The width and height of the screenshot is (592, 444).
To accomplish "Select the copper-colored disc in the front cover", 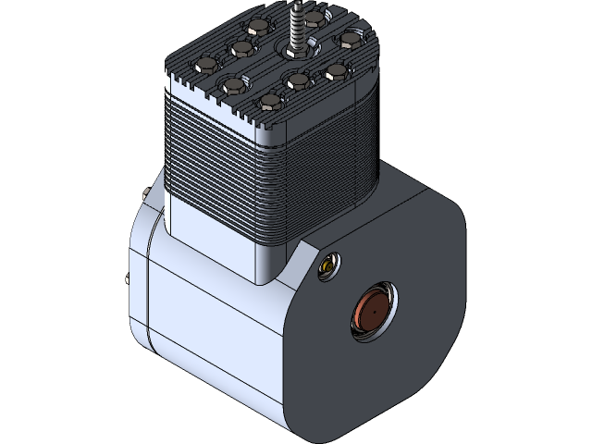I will point(373,313).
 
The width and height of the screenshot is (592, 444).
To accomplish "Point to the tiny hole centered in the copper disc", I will point(372,314).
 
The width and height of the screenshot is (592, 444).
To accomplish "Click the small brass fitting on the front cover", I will point(327,267).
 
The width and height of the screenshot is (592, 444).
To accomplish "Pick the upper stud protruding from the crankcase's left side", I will point(145,191).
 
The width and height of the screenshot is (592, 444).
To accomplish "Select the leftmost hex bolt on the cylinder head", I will point(204,65).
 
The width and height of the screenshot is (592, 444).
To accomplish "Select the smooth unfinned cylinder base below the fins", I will point(213,236).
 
